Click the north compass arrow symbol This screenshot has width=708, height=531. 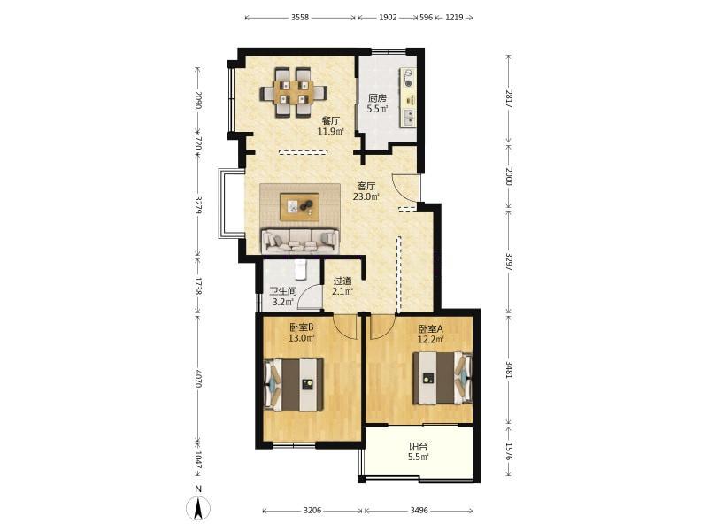[x=197, y=508]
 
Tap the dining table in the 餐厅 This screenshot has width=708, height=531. [x=294, y=93]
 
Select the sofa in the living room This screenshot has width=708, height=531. [x=300, y=241]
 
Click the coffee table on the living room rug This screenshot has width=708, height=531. [x=299, y=207]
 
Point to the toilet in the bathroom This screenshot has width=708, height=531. [x=300, y=269]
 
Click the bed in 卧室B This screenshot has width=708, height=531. [x=294, y=384]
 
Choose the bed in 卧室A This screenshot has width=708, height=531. [x=442, y=378]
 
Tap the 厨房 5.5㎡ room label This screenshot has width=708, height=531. [x=378, y=103]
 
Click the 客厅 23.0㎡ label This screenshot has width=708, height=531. [x=366, y=191]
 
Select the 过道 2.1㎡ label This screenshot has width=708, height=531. [x=342, y=286]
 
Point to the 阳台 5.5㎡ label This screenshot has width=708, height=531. [x=418, y=451]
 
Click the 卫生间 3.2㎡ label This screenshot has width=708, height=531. [x=282, y=296]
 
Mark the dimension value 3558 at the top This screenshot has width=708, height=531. [x=300, y=18]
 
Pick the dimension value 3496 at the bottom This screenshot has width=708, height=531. [x=419, y=511]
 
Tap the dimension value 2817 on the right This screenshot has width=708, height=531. [x=509, y=99]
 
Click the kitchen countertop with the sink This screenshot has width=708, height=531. [x=408, y=98]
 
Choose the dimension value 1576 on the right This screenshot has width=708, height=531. [x=509, y=451]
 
